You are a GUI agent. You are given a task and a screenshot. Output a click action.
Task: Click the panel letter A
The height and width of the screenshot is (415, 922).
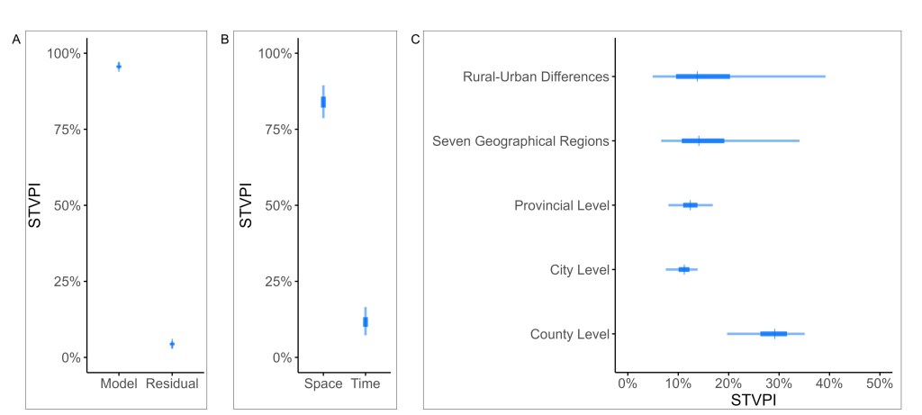(x=16, y=40)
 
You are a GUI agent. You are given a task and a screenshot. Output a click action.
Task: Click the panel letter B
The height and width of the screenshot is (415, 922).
(x=224, y=40)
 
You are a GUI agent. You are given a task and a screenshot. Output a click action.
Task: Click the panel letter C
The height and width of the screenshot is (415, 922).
(x=415, y=40)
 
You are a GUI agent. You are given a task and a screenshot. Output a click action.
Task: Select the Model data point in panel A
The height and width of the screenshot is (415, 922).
(x=119, y=66)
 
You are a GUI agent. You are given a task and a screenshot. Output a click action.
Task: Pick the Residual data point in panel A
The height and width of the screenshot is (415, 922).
(x=172, y=344)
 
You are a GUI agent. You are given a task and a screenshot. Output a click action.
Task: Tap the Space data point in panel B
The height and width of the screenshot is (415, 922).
(x=323, y=102)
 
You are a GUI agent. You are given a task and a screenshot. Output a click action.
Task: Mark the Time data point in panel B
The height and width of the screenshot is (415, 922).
(x=366, y=321)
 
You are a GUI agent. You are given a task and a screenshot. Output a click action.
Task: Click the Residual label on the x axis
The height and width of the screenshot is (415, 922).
(x=172, y=383)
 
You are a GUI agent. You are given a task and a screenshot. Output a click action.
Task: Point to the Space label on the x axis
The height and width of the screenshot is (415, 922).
(x=323, y=383)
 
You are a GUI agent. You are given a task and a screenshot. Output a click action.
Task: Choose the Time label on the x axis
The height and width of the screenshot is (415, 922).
(x=366, y=383)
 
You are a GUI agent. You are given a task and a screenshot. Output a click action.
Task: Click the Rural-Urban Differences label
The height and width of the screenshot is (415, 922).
(x=536, y=77)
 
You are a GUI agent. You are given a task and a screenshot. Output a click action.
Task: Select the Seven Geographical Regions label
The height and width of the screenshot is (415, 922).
(x=520, y=141)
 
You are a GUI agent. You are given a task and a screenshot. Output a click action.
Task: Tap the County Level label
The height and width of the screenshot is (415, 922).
(x=570, y=335)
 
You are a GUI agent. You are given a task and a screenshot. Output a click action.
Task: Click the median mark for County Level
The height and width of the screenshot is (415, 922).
(x=774, y=334)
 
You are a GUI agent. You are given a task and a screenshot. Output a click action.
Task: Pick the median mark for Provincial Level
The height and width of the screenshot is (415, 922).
(x=691, y=205)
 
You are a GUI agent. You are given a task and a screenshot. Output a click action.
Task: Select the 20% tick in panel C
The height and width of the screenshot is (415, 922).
(x=728, y=383)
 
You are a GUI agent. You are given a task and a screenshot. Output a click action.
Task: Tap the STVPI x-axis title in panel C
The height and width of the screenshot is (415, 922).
(x=753, y=399)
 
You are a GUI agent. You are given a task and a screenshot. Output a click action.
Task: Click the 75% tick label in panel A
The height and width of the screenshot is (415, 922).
(x=62, y=130)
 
